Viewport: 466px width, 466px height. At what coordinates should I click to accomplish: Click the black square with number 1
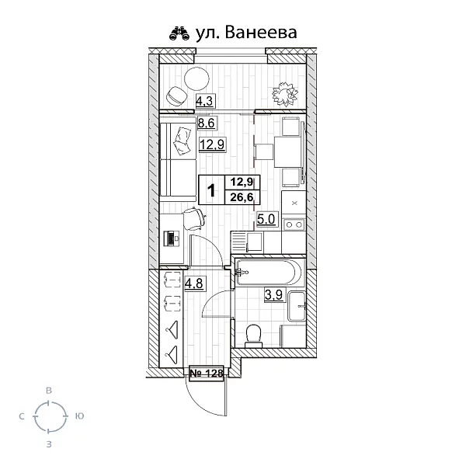[211, 190]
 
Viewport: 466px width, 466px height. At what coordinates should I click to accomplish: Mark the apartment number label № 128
[206, 374]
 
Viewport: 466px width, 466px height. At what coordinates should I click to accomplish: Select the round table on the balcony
[197, 78]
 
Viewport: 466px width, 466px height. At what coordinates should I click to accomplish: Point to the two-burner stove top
[294, 225]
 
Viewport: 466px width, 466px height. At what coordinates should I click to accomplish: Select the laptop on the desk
[170, 238]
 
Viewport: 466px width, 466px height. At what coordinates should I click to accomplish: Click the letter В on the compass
[49, 390]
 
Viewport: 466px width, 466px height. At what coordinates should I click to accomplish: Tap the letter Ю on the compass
[79, 417]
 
